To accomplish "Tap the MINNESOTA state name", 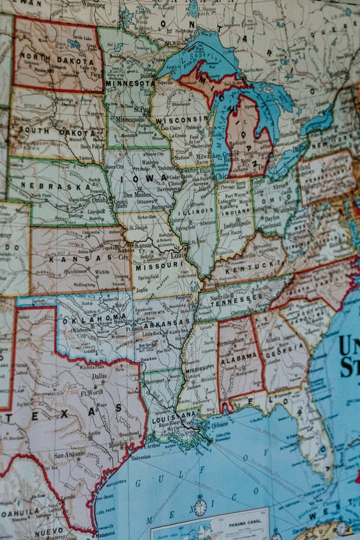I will (x=130, y=83).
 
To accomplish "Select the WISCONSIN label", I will (x=174, y=119).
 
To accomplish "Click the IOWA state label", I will (x=137, y=178).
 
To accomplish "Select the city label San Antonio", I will (x=69, y=455).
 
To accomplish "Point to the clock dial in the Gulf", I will (x=200, y=507).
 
